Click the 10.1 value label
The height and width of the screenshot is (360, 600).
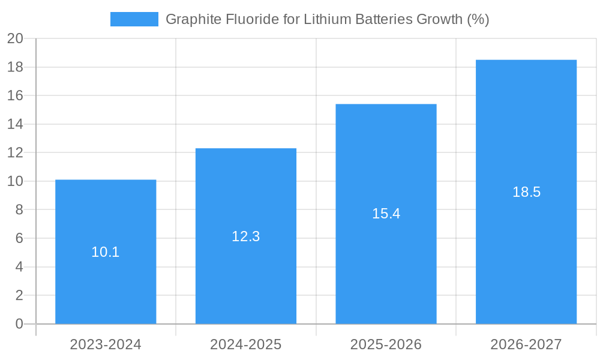(106, 252)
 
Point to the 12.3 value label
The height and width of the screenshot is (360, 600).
(246, 236)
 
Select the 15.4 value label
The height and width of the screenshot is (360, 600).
(386, 214)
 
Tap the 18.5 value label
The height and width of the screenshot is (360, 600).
(526, 192)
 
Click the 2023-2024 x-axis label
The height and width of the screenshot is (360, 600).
(106, 344)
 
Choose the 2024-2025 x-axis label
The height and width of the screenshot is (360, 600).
(246, 344)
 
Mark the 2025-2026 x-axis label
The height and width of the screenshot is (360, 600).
(386, 344)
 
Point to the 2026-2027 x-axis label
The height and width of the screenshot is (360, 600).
(526, 344)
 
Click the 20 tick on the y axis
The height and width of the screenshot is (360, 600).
(15, 38)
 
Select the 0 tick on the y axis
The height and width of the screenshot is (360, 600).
(19, 324)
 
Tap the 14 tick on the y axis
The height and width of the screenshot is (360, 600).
(15, 124)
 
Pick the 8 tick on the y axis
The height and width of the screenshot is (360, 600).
(19, 210)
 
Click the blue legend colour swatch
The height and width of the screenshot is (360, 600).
(134, 19)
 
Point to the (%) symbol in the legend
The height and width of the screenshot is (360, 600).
(478, 19)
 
